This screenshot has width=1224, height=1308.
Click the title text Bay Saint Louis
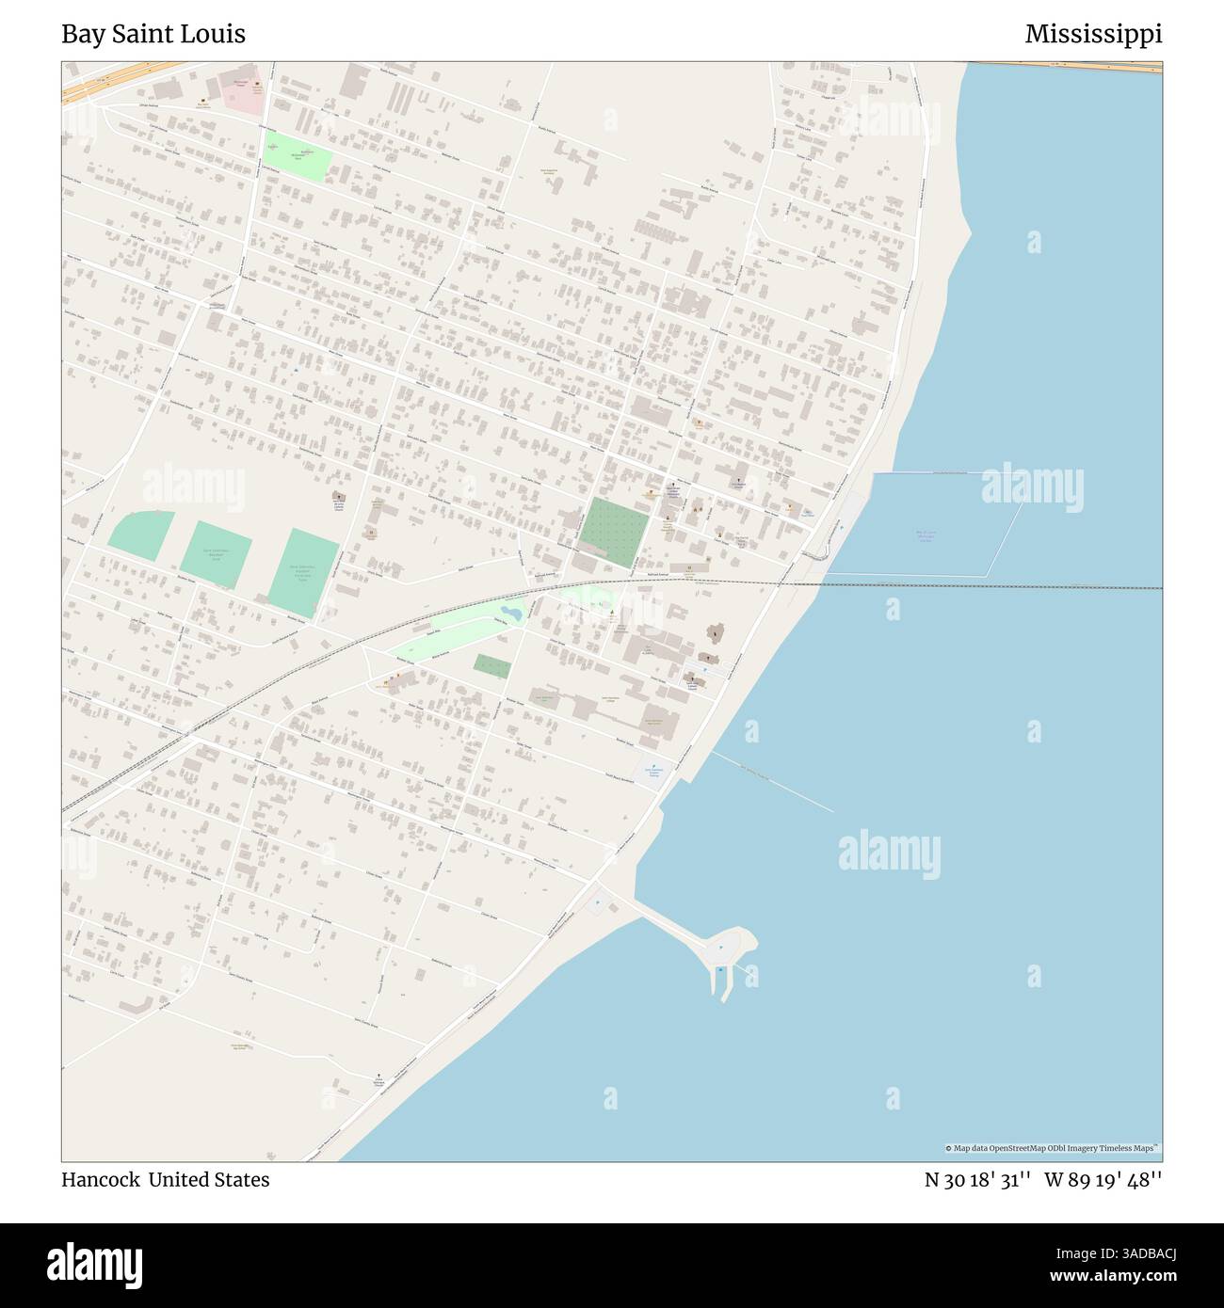(153, 34)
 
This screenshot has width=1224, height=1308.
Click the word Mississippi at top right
(1093, 34)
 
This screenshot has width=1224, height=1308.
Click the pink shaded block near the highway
(244, 89)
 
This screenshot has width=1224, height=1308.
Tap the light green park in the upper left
(298, 155)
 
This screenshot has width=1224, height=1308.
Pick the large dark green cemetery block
(614, 532)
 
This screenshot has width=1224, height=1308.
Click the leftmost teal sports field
(139, 536)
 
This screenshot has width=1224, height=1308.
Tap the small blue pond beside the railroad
(509, 613)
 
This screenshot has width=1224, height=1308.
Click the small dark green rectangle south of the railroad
(492, 667)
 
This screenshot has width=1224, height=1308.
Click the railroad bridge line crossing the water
(989, 586)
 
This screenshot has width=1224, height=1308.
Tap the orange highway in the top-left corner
(113, 79)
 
